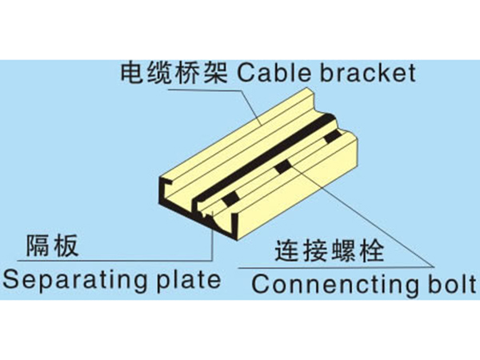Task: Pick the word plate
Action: click(192, 280)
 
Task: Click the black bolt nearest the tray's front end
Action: click(230, 197)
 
